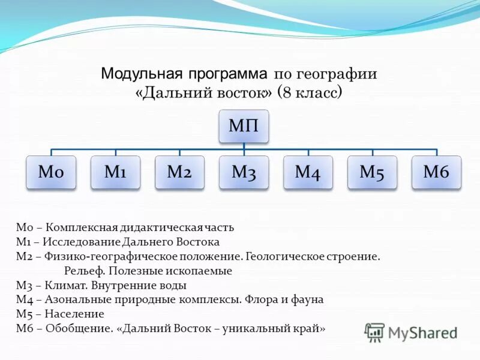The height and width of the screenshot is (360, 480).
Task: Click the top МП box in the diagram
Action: click(x=244, y=127)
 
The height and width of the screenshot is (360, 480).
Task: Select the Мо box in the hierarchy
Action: click(x=51, y=173)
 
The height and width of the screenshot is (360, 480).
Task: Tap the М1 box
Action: click(x=115, y=173)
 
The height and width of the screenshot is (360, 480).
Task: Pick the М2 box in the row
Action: click(x=179, y=173)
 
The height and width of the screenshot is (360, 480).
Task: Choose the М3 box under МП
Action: click(x=244, y=173)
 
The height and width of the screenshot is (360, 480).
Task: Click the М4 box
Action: click(x=308, y=173)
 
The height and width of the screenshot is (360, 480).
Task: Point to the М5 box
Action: click(x=372, y=173)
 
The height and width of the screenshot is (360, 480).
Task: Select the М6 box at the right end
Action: click(x=436, y=173)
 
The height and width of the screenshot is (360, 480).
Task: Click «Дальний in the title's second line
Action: click(x=170, y=93)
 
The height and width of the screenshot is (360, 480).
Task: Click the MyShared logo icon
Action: click(x=375, y=332)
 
